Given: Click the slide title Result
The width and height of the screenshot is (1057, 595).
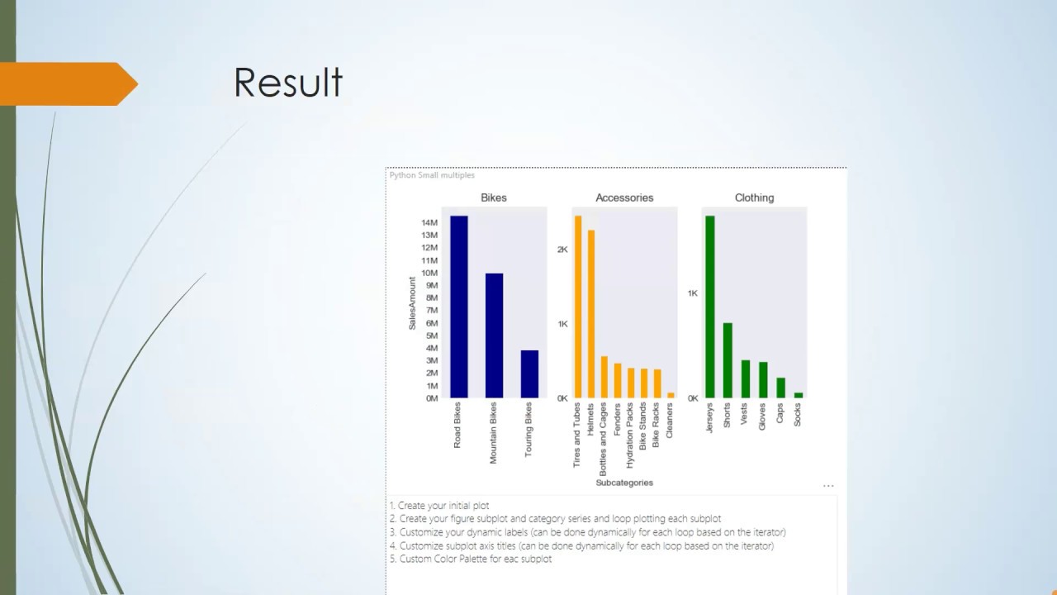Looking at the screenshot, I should click(288, 83).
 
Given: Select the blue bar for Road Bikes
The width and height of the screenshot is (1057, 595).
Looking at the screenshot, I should click(458, 307).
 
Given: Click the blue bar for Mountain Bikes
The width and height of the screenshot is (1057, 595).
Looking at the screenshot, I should click(494, 336).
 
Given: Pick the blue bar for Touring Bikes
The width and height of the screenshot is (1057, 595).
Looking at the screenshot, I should click(529, 374).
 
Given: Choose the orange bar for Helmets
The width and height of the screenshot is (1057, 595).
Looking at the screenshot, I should click(591, 314).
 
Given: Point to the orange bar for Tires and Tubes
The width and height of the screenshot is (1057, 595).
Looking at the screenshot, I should click(578, 307).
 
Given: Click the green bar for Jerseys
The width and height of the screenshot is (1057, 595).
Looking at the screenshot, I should click(710, 307).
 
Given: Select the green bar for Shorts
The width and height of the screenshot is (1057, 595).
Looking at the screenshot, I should click(728, 360).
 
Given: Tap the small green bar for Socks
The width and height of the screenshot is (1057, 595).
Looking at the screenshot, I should click(799, 395).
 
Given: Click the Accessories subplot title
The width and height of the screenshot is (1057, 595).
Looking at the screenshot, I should click(624, 198).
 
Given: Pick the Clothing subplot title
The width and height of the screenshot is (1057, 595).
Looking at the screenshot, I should click(754, 198).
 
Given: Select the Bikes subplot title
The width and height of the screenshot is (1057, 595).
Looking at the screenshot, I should click(494, 198).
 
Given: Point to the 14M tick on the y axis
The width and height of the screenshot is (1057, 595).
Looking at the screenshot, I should click(429, 222).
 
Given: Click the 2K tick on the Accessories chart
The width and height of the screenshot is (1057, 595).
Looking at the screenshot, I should click(562, 249).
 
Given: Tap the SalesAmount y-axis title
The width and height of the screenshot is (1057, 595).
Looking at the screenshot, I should click(412, 303).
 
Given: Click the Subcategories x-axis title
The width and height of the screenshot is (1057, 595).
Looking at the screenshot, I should click(624, 483).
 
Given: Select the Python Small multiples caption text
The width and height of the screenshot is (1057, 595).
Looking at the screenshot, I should click(432, 175).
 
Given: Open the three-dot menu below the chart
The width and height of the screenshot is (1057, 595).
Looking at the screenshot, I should click(828, 486).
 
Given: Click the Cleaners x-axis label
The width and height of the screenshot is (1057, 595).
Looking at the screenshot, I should click(670, 420).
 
